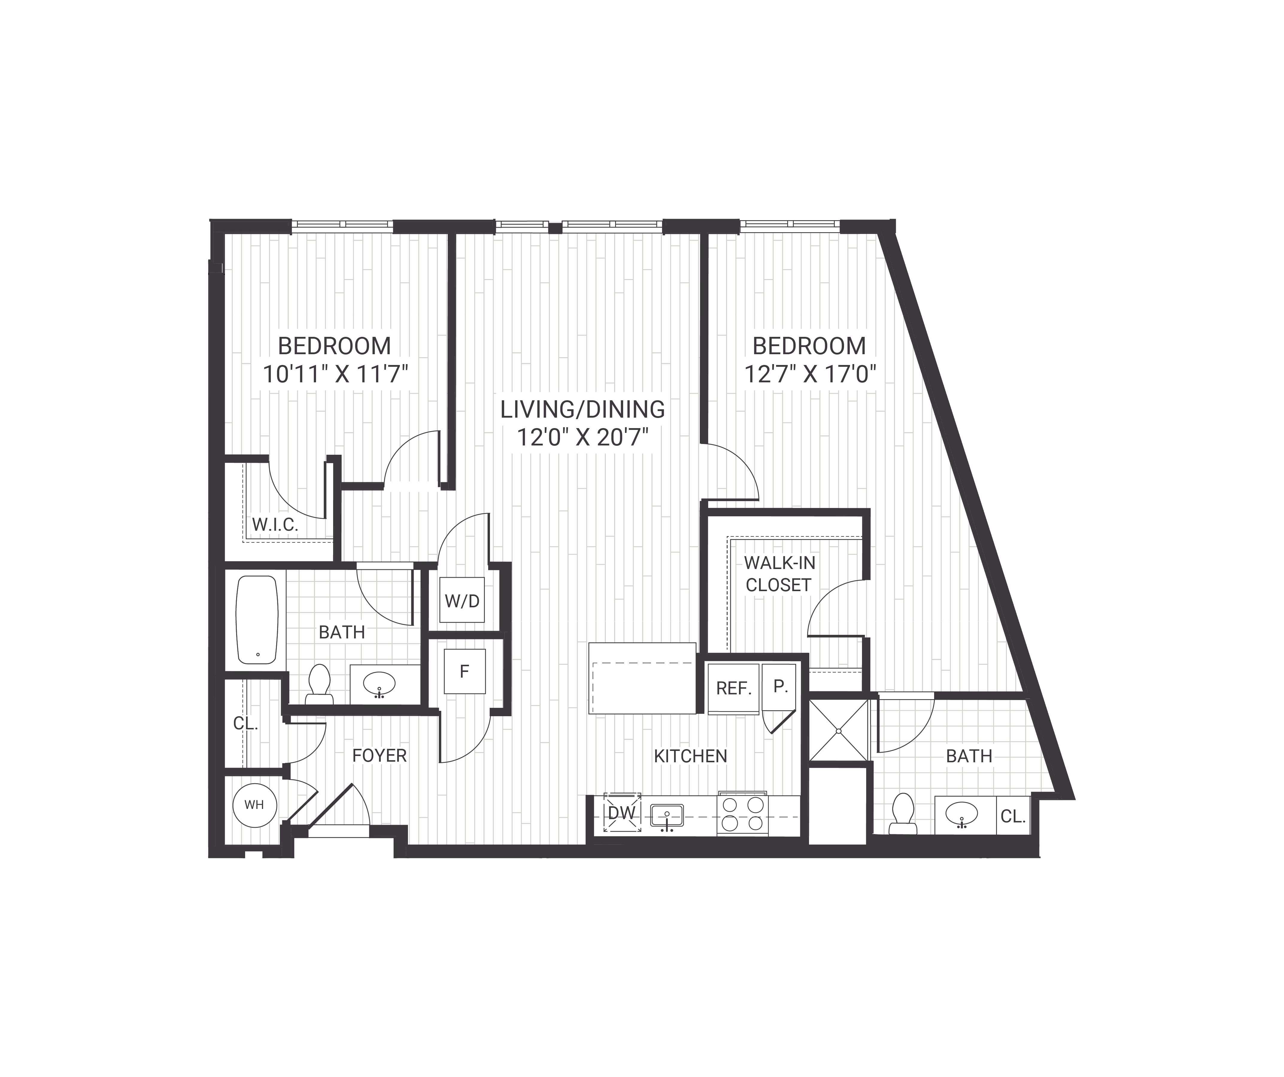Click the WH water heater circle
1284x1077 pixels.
254,805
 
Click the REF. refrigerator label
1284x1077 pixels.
734,688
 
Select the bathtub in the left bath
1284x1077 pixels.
257,620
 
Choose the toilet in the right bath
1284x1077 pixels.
903,813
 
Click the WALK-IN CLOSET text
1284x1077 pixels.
779,573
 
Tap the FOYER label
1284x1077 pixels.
379,755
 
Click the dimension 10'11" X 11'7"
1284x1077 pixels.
335,373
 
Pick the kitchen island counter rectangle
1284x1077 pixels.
642,678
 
